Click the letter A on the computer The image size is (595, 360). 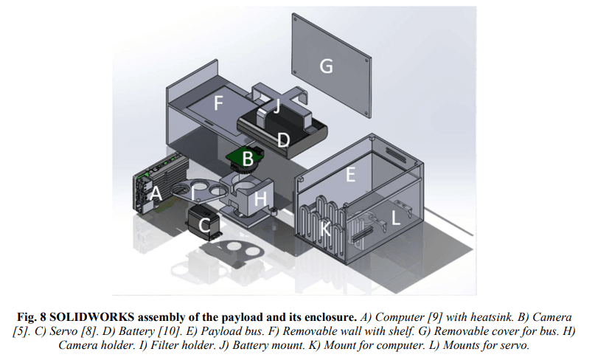click(155, 195)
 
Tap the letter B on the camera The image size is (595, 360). click(248, 158)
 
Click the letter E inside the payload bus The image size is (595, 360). click(351, 176)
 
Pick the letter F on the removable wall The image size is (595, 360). click(218, 103)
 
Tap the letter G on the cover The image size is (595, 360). click(326, 66)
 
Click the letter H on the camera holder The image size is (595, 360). click(260, 198)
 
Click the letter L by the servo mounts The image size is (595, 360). click(396, 218)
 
